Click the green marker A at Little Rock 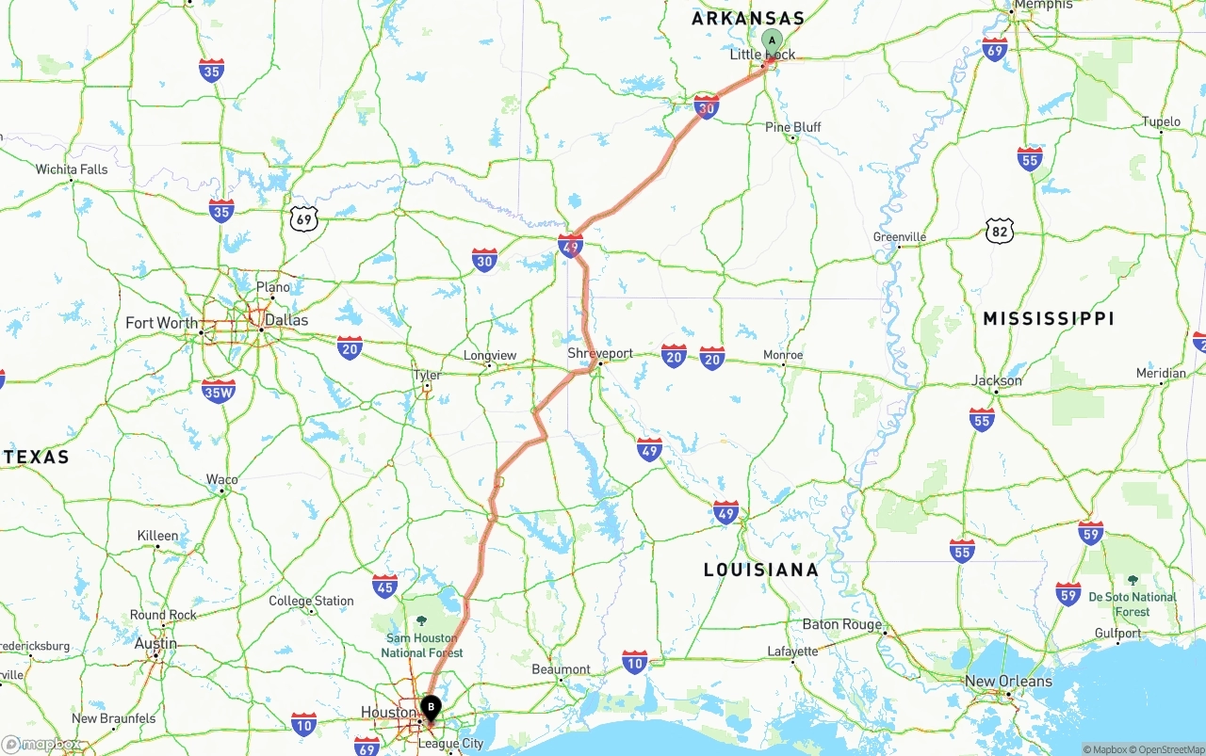(x=772, y=40)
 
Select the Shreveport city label (x=600, y=353)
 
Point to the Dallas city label (x=285, y=320)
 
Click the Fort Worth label (x=162, y=323)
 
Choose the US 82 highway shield (x=1000, y=230)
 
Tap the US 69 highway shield (x=303, y=219)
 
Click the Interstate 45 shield (x=384, y=586)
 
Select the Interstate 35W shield (x=219, y=391)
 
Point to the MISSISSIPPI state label (x=1049, y=319)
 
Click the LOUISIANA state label (x=761, y=570)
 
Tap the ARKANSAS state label (x=748, y=18)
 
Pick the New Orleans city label (x=1008, y=681)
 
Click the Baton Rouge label (x=842, y=624)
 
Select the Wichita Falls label (x=72, y=169)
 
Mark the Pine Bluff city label (x=792, y=127)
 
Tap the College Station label (x=311, y=601)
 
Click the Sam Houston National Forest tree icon (x=421, y=621)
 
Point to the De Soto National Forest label (x=1133, y=603)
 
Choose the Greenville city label (x=900, y=237)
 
